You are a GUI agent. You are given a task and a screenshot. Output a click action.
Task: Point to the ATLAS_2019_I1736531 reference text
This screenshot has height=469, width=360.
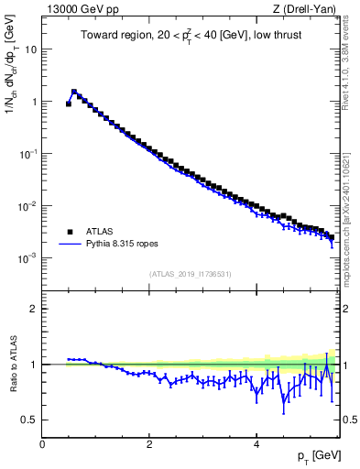click(x=190, y=274)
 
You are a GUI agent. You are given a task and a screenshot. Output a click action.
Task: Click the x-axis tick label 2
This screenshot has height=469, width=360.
click(x=149, y=443)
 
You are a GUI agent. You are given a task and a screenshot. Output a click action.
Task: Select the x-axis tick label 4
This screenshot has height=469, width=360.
click(x=256, y=443)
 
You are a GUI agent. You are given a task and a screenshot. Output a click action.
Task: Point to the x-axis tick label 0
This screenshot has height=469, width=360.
click(x=42, y=443)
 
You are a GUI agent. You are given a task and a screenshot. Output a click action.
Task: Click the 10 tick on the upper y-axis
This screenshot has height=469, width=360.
click(x=30, y=49)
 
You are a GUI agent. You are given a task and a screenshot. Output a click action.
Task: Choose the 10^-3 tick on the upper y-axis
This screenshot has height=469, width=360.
click(x=27, y=258)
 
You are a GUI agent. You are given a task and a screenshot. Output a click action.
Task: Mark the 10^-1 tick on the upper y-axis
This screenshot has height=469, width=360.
click(x=27, y=154)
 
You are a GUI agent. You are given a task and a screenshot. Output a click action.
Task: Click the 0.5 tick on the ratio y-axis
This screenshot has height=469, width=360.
click(x=29, y=420)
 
